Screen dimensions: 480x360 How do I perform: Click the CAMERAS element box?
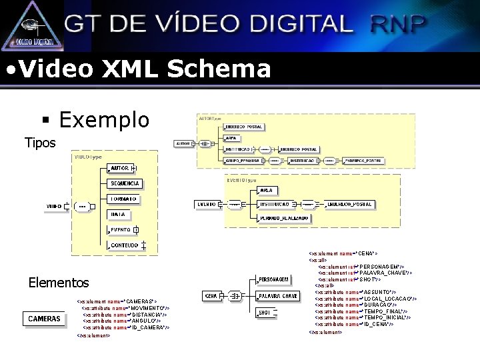pyautogui.click(x=45, y=319)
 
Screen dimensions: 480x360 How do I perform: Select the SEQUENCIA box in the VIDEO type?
pyautogui.click(x=125, y=183)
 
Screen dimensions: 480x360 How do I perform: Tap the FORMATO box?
pyautogui.click(x=123, y=199)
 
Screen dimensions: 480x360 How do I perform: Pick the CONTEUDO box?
pyautogui.click(x=125, y=245)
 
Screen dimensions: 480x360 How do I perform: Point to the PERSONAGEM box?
pyautogui.click(x=273, y=279)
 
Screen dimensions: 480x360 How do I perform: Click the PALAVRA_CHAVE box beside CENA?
pyautogui.click(x=277, y=295)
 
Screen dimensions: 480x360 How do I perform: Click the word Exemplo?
pyautogui.click(x=104, y=120)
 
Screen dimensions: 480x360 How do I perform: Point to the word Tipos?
pyautogui.click(x=40, y=143)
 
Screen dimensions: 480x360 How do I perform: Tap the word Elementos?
pyautogui.click(x=59, y=283)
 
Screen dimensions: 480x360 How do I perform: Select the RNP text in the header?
pyautogui.click(x=397, y=25)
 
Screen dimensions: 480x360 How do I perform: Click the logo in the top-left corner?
pyautogui.click(x=32, y=25)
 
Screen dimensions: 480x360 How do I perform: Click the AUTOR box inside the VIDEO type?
pyautogui.click(x=120, y=168)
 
